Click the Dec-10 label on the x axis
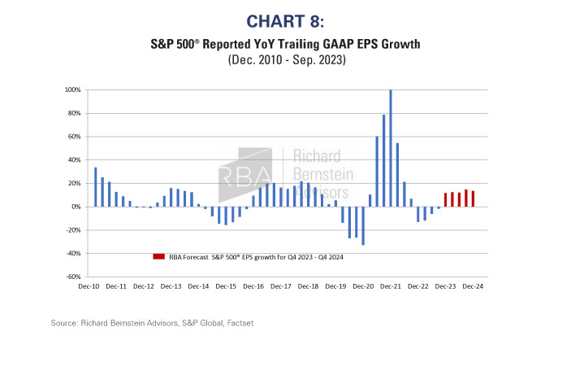[x=90, y=286]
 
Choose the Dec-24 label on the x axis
[x=474, y=286]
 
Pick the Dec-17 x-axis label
[x=282, y=286]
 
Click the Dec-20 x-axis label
[x=365, y=286]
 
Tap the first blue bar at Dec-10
[x=95, y=187]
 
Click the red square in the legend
[x=158, y=256]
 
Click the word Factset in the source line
[x=236, y=324]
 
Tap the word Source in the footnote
[x=66, y=324]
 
